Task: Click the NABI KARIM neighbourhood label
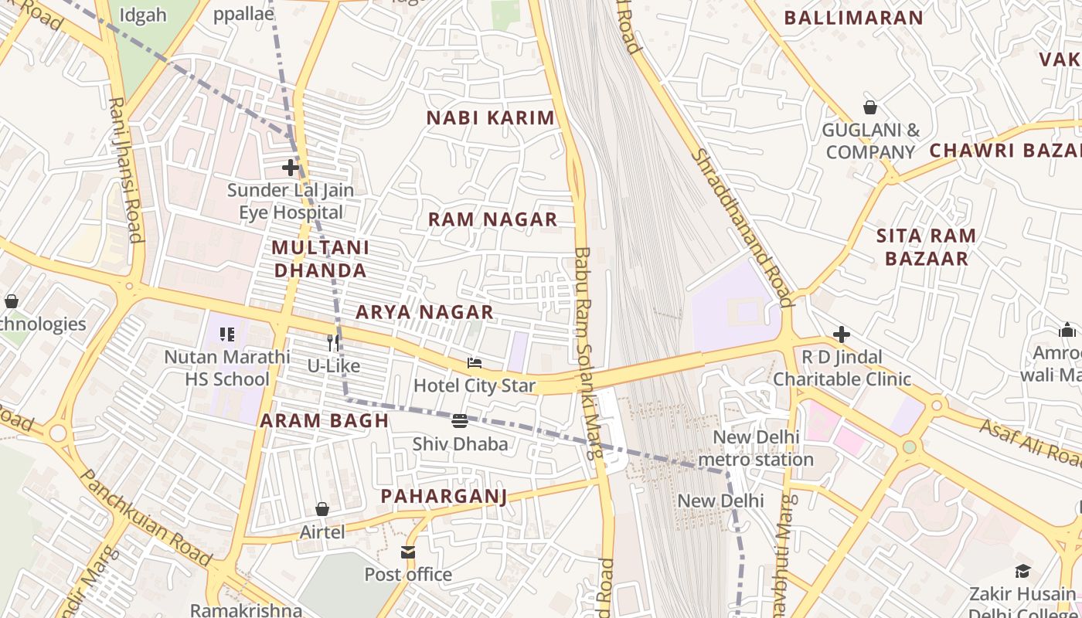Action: [x=491, y=118]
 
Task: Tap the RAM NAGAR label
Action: [x=493, y=219]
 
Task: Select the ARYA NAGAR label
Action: [x=424, y=312]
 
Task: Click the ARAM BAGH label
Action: [x=324, y=421]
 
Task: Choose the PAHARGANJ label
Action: [x=444, y=496]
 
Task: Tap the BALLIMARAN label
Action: [x=854, y=18]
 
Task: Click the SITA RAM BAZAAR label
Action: [x=927, y=247]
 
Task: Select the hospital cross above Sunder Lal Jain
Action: [x=291, y=167]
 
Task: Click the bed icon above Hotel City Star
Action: [x=475, y=363]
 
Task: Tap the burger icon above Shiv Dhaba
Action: [x=460, y=421]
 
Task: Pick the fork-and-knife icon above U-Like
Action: [x=334, y=342]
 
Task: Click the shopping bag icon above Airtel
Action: [x=322, y=509]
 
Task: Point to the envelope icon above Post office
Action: [x=408, y=552]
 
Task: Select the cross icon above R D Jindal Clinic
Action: [x=842, y=334]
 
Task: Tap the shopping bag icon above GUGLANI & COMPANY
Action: [x=870, y=107]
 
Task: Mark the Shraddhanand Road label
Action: [x=742, y=227]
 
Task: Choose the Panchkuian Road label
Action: [x=145, y=518]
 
